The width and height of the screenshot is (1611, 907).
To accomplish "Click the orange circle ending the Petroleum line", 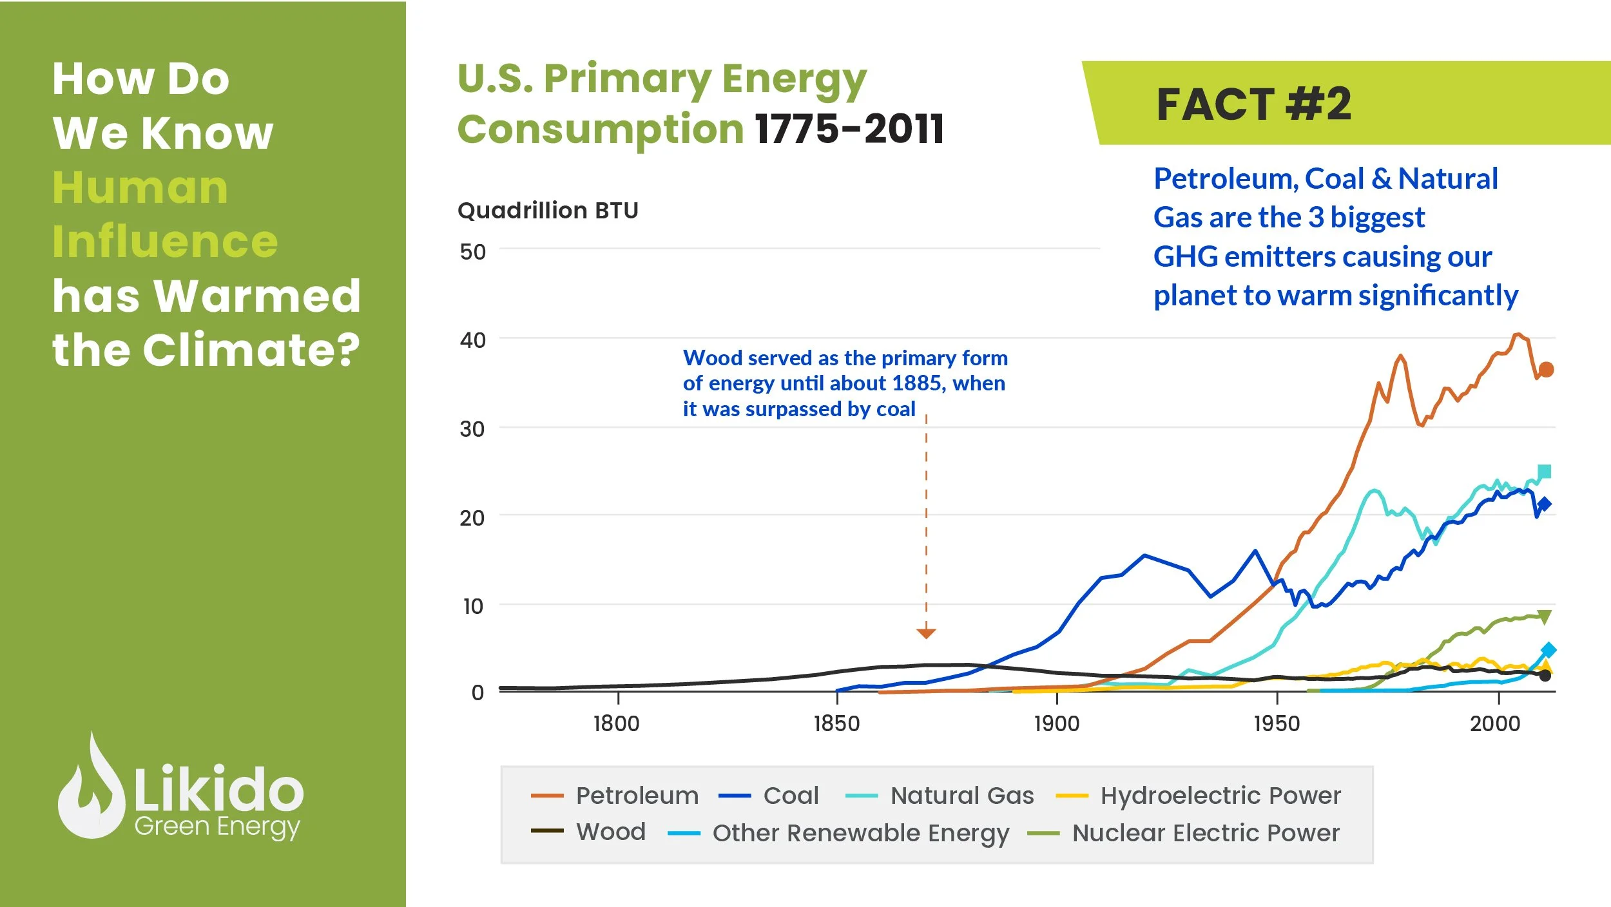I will click(1546, 370).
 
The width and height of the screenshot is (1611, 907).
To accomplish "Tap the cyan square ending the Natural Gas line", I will click(1545, 472).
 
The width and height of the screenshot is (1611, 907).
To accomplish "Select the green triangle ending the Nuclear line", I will click(1545, 616).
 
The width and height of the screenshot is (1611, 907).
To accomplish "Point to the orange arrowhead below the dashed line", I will click(926, 634).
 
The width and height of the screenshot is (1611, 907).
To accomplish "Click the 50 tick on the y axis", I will click(472, 252).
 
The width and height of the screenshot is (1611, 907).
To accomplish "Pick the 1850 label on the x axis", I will click(836, 724).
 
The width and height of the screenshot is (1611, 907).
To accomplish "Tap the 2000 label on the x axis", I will click(1495, 724).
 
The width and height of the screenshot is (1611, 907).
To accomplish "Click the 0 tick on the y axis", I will click(478, 692).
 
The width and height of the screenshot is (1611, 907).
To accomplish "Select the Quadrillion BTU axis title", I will click(548, 211).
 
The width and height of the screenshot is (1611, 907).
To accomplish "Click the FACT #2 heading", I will click(1253, 104).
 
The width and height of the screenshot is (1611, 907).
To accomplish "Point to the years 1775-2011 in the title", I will click(849, 129).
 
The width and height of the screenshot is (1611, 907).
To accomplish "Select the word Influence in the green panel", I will click(165, 242).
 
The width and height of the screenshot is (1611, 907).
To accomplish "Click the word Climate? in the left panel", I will click(251, 350).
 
